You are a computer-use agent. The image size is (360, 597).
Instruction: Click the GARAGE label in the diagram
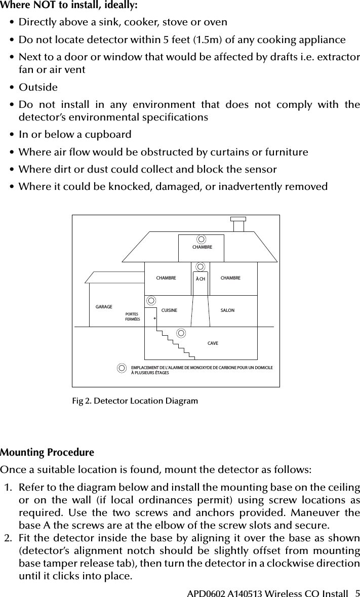104,307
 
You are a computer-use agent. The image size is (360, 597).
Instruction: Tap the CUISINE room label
169,309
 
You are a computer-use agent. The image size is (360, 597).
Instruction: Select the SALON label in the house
228,309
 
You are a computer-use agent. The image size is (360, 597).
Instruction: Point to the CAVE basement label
213,343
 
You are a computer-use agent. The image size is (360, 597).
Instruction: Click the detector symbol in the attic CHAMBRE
202,239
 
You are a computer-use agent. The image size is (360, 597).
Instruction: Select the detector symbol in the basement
181,332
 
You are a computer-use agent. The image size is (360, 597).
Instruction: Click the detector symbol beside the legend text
122,368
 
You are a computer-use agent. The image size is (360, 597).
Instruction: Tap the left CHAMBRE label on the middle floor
166,278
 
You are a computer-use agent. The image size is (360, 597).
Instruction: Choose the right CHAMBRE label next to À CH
230,278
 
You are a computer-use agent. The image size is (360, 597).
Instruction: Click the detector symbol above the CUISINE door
150,299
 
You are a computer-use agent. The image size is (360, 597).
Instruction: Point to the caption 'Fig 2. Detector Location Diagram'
135,401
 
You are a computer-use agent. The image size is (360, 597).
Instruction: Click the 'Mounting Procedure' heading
47,452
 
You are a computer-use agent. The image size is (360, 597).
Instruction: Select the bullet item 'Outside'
38,87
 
